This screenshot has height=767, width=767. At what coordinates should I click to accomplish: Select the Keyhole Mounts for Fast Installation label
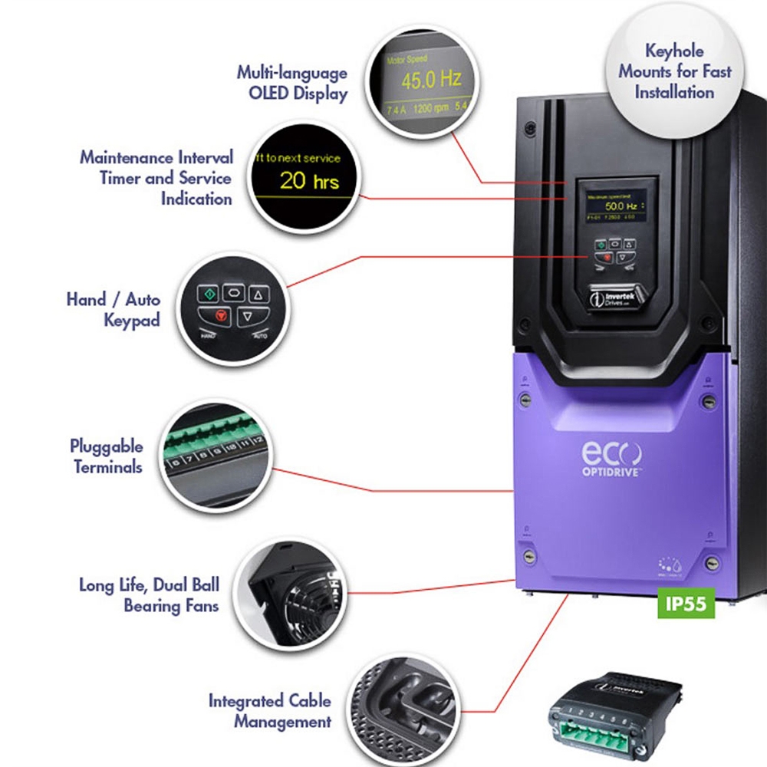click(675, 72)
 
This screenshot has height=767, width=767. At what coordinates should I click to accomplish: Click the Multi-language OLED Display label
click(291, 83)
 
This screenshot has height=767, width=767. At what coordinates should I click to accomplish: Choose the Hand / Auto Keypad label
click(113, 308)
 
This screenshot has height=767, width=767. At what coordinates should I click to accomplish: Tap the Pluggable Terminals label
click(107, 456)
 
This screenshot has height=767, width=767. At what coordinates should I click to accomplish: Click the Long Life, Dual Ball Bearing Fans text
click(149, 594)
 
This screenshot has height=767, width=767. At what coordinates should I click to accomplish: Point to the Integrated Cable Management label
click(270, 710)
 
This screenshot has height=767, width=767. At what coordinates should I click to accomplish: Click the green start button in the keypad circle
click(206, 294)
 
